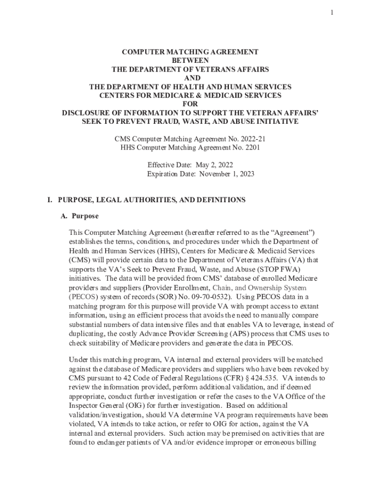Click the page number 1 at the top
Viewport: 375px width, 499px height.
332,13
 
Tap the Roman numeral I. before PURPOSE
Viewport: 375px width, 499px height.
49,200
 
